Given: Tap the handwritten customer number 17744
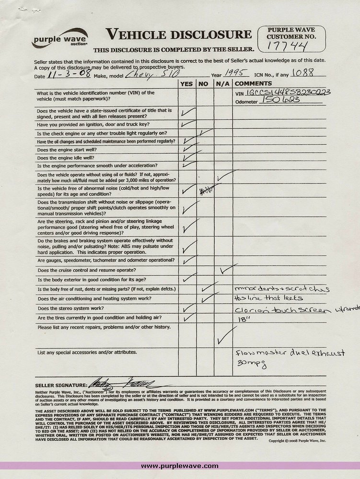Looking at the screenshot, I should click(288, 46).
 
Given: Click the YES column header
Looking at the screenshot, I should click(186, 84).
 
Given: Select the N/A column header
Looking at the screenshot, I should click(221, 84).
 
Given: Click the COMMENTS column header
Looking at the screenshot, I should click(251, 84).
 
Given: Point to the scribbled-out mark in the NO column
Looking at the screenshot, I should click(206, 191).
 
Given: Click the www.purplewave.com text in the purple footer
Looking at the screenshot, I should click(180, 466).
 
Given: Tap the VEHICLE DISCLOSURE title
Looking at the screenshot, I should click(178, 34).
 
